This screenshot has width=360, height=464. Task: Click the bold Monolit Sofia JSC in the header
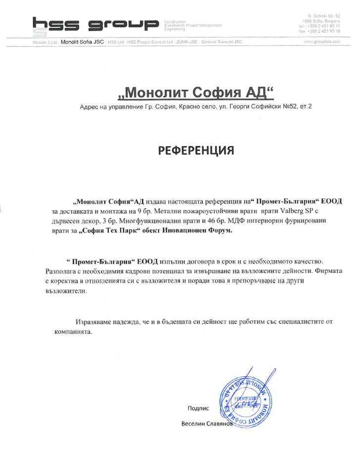82,42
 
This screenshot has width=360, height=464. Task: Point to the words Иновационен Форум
194,231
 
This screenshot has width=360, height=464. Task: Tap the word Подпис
199,408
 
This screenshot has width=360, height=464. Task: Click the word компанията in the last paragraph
73,332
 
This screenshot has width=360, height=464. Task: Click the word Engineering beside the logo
174,30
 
